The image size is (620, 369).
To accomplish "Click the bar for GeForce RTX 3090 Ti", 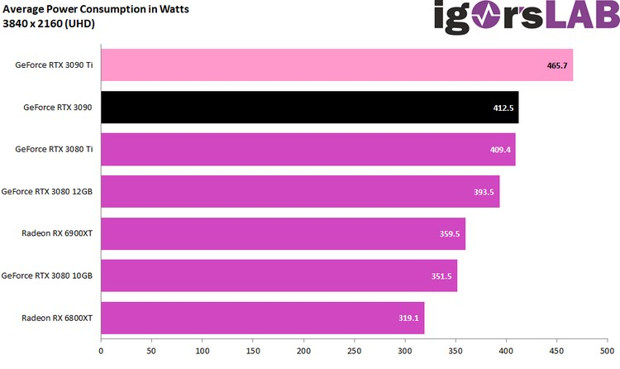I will [336, 65].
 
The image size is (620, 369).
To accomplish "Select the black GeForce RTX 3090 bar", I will [309, 108].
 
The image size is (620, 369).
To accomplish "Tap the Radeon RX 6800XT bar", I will [262, 318].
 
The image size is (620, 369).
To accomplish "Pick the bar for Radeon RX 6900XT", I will [283, 233].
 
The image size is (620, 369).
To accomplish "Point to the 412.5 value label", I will [504, 108].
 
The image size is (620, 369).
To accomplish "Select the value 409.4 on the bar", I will [501, 150].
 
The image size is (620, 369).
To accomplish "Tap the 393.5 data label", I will [484, 192].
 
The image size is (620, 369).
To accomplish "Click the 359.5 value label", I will [451, 234].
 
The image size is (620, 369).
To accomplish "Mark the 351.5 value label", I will [442, 276].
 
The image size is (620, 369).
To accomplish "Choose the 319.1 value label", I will [409, 318].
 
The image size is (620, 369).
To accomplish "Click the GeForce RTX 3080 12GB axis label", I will [47, 192].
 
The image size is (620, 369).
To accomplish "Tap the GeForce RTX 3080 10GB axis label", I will [47, 276].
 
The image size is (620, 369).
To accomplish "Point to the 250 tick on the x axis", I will [354, 352].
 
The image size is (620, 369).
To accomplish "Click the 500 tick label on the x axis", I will [607, 352].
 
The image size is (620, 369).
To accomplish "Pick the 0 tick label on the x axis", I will [101, 352].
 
